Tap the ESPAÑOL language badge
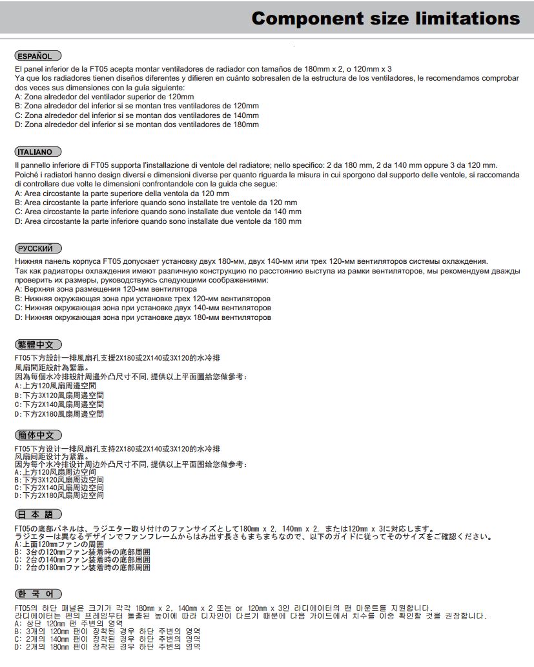[37, 56]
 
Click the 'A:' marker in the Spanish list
[18, 97]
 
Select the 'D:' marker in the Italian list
[18, 221]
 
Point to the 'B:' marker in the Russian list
[18, 299]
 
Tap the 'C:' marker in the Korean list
[18, 639]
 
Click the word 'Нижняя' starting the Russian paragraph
[28, 261]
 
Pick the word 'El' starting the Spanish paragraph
[18, 69]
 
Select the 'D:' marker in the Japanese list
[18, 568]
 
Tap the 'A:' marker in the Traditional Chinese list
[17, 385]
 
